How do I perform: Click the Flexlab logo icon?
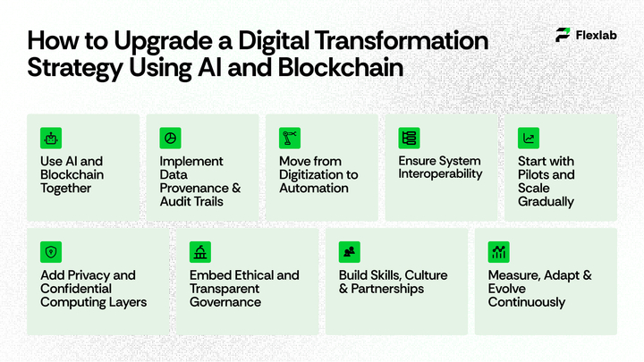[x=563, y=35]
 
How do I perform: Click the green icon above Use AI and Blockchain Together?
[x=51, y=138]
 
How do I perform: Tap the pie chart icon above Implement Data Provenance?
[x=170, y=138]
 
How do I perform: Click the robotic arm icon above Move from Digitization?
[x=289, y=138]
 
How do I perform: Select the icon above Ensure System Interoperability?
[x=409, y=138]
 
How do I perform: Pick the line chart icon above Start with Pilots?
[x=529, y=138]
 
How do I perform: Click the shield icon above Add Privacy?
[x=51, y=252]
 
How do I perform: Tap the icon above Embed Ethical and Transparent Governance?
[x=200, y=252]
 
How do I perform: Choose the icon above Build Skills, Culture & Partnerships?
[x=349, y=252]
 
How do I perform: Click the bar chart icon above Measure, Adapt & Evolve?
[x=498, y=252]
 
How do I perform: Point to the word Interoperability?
[x=440, y=174]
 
